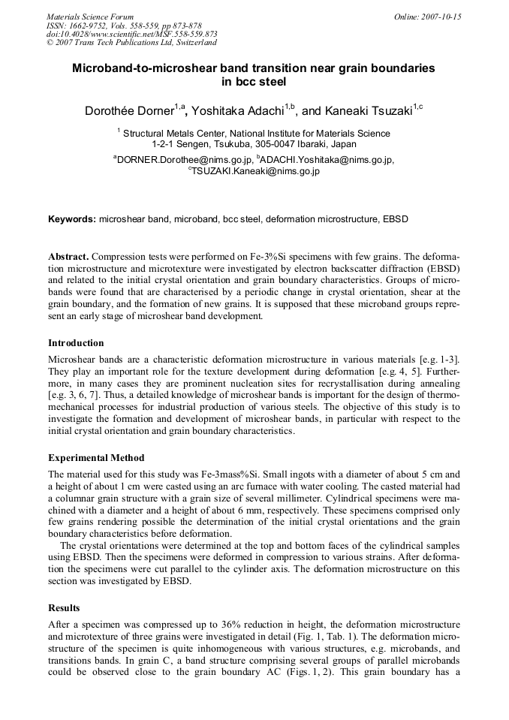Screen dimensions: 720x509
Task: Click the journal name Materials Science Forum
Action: tap(90, 16)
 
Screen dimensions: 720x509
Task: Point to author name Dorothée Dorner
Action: tap(129, 111)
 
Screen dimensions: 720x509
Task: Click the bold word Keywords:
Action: tap(72, 219)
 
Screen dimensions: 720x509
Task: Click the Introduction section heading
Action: tap(76, 343)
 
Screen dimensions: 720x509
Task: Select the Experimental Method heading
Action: tap(96, 457)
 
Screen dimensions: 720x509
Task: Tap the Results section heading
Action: tap(64, 607)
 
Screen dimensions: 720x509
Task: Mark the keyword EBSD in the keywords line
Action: tap(394, 219)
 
